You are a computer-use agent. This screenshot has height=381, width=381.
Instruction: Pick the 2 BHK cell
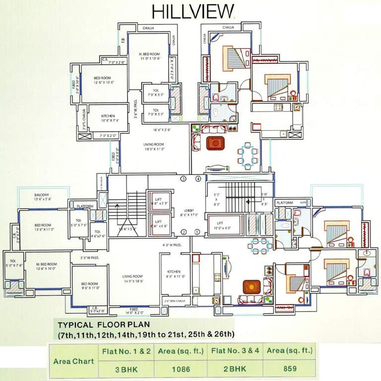point(235,369)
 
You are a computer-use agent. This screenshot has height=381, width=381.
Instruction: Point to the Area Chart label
point(73,361)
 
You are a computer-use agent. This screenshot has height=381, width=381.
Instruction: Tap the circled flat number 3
point(183,179)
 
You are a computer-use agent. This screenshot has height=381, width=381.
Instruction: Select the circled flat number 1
point(197,232)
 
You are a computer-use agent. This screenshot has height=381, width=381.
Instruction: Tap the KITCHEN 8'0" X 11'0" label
point(175,274)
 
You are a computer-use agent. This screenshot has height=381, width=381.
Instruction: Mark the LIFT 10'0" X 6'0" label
point(223,226)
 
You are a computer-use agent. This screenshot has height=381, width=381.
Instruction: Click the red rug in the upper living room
point(215,143)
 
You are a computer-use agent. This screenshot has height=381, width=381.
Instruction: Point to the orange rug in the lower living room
point(252,287)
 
